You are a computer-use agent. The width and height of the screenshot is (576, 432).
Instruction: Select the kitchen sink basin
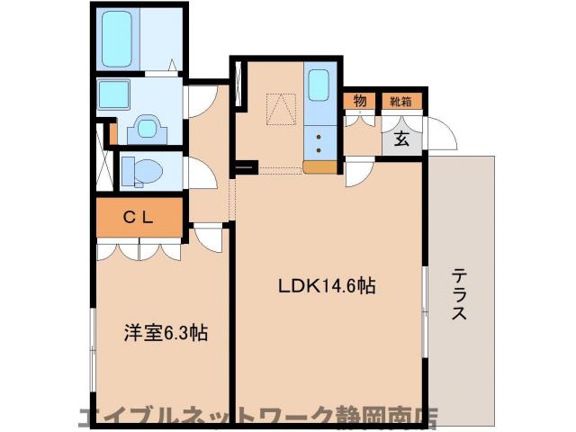coord(319,85)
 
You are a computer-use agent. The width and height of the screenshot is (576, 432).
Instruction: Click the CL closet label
coord(139,216)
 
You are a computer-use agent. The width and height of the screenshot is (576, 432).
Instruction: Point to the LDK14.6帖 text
coord(326,287)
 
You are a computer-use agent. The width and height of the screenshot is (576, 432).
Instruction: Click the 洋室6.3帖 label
coord(166,333)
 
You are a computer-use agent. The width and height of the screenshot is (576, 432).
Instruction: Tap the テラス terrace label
coord(460,294)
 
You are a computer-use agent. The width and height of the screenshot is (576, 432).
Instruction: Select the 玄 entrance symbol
coord(401,139)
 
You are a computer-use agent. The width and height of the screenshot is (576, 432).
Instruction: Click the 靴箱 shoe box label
coord(400,101)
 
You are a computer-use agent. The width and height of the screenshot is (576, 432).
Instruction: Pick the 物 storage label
coord(359,101)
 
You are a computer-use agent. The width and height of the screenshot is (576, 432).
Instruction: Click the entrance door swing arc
coord(442,135)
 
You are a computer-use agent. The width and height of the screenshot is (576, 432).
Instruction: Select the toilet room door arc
coord(200,172)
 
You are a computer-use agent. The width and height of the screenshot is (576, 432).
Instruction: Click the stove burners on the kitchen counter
coord(319,139)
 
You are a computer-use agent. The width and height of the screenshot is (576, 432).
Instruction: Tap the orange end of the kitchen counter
coord(319,166)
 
